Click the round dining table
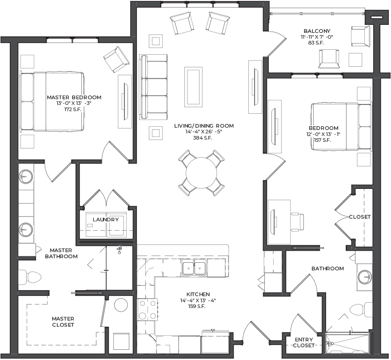coord(201,173)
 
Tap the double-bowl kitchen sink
coord(194,268)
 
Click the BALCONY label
coord(317,31)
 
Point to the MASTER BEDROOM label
coord(74,97)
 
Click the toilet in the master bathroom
coord(30,277)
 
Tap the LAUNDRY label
coord(106,220)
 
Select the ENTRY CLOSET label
coord(304,343)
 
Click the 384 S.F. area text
coord(203,138)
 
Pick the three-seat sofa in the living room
coord(153,87)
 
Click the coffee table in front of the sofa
coord(193,87)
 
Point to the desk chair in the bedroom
coord(298,221)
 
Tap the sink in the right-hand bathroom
coord(365,277)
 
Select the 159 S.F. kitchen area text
coord(197,306)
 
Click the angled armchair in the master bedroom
coord(116,60)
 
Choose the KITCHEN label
coord(198,294)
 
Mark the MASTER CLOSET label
coord(63,322)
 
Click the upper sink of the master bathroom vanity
coord(26,176)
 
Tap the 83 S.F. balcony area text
coord(316,43)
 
